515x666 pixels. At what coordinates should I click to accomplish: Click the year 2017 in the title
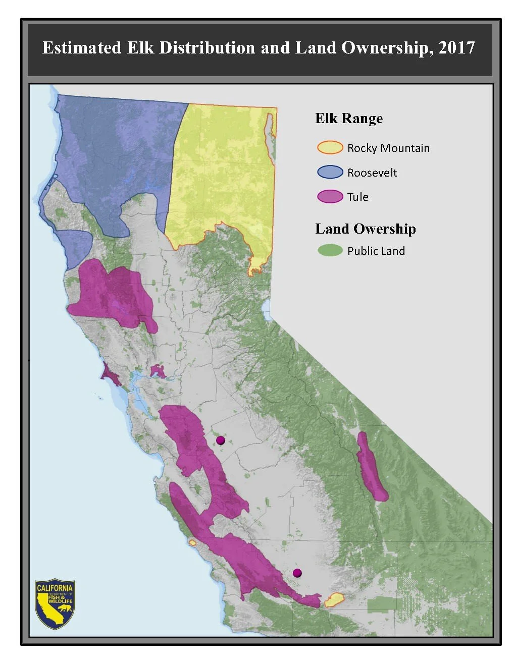(456, 48)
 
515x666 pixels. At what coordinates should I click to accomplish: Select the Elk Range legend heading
(349, 119)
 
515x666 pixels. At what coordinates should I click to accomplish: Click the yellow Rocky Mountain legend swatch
(330, 148)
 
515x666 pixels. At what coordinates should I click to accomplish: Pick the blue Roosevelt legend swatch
(330, 172)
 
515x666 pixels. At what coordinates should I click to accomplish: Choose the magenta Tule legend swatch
(330, 196)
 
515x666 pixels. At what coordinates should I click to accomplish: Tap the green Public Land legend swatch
(330, 250)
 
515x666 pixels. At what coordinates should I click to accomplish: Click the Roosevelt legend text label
(372, 173)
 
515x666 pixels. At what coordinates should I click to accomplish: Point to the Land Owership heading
(366, 229)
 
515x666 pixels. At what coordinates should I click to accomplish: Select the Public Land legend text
(376, 251)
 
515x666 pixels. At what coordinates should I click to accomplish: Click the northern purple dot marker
(220, 440)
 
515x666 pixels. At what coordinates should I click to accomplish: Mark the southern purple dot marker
(297, 573)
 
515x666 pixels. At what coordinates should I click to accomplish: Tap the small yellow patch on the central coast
(192, 542)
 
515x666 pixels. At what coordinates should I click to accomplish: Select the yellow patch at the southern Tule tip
(334, 600)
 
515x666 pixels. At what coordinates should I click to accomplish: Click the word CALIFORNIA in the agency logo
(55, 588)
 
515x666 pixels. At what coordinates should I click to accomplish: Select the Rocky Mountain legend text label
(388, 148)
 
